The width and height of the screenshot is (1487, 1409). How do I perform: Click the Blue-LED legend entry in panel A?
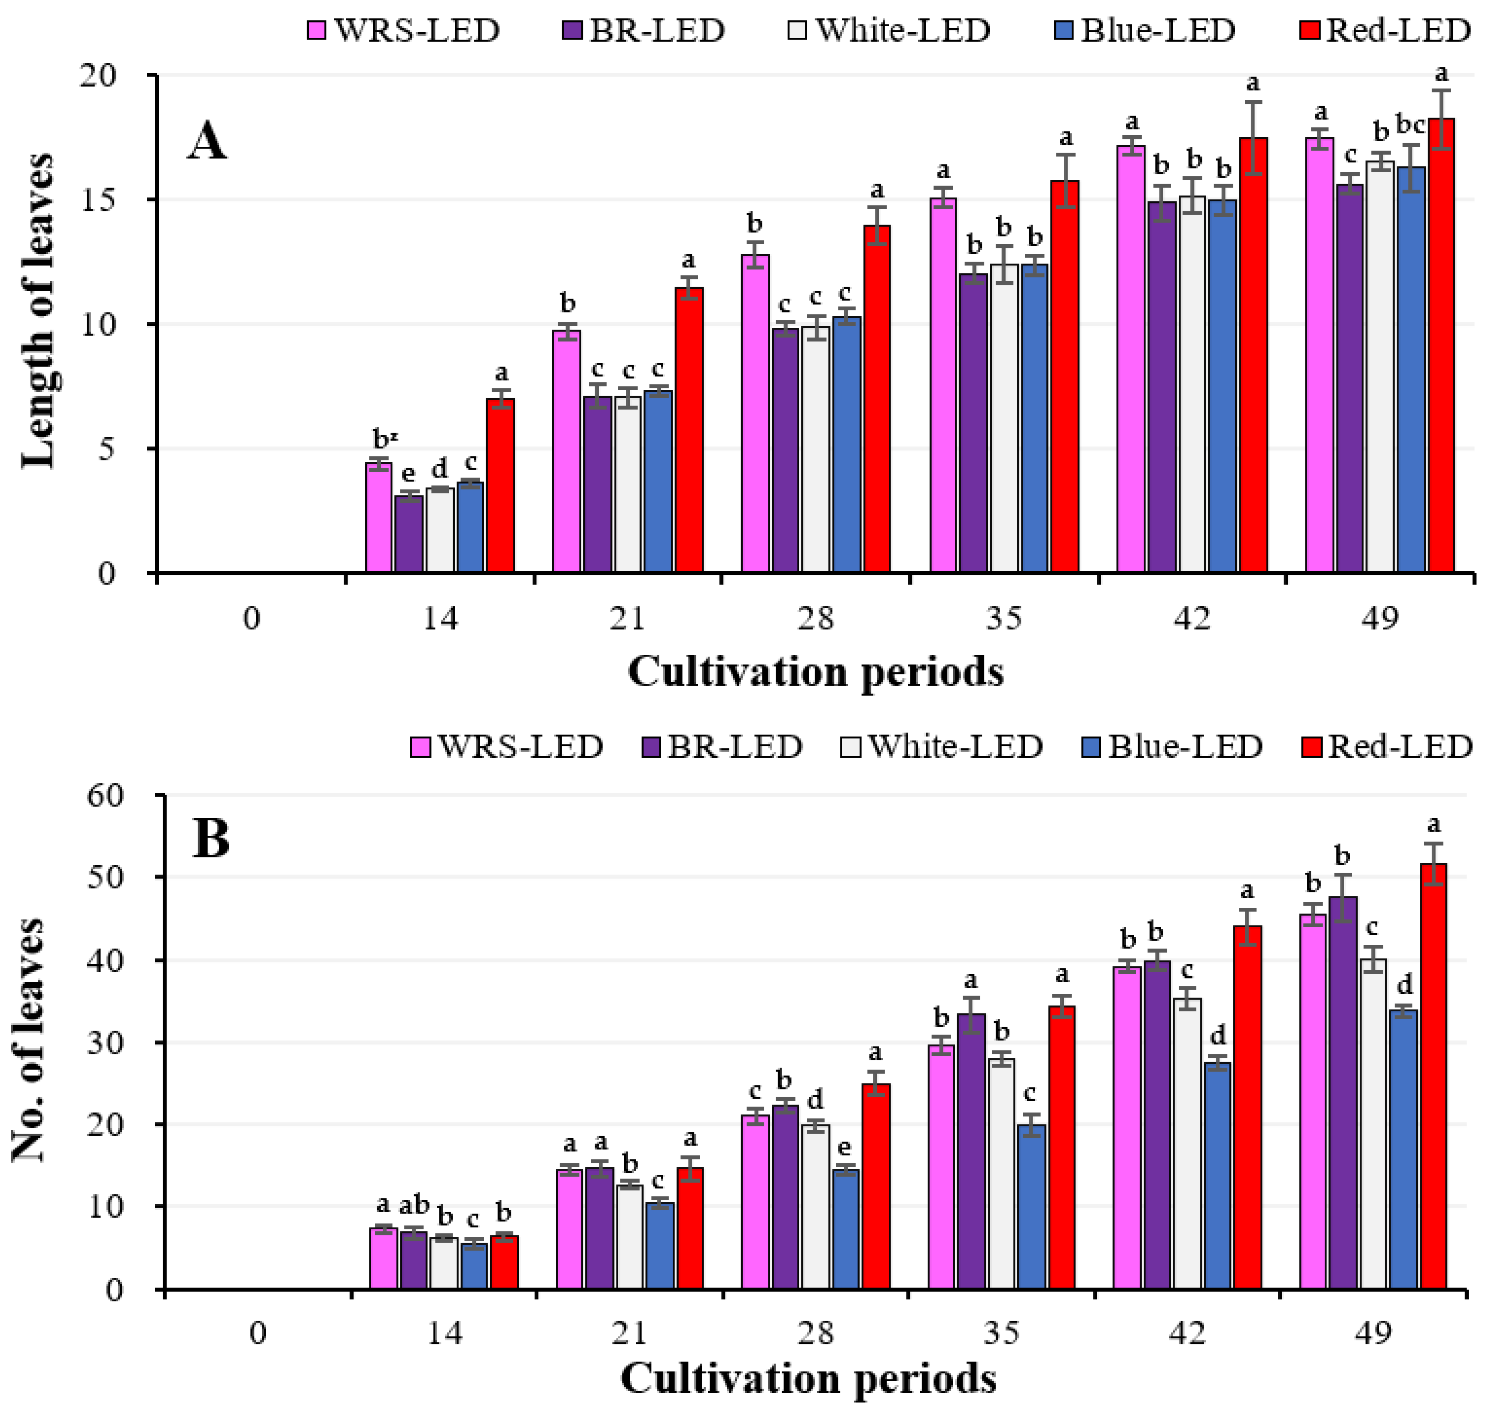(x=1145, y=30)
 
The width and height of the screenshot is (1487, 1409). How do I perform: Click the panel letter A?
(x=206, y=141)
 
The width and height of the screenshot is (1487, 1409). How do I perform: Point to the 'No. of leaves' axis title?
(x=29, y=1041)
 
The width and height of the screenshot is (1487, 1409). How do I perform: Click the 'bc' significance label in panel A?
(x=1410, y=124)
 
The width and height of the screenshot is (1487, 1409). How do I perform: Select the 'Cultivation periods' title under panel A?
(x=815, y=671)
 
